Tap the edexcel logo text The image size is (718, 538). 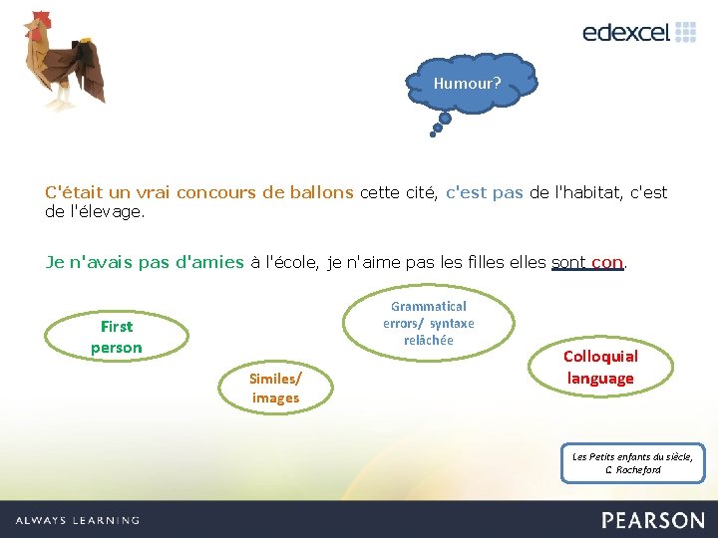[625, 32]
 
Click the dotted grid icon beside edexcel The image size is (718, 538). [686, 32]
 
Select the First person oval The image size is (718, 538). [117, 337]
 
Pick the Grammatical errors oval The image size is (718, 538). [429, 323]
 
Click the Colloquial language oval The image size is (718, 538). [600, 367]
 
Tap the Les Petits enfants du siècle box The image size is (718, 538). [633, 462]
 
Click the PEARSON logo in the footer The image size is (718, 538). [652, 519]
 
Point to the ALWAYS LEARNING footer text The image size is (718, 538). [78, 520]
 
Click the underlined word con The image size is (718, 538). [606, 263]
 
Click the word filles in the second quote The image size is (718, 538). [483, 263]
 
